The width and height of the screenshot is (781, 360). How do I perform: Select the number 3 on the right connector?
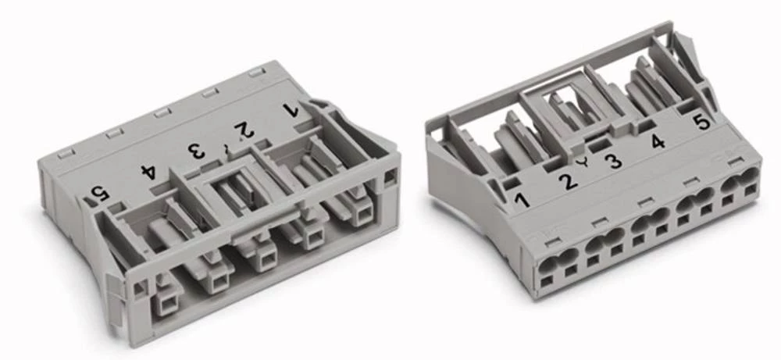pyautogui.click(x=614, y=162)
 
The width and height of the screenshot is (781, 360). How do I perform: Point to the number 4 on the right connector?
pyautogui.click(x=658, y=142)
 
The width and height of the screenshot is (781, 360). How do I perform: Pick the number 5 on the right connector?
pyautogui.click(x=701, y=122)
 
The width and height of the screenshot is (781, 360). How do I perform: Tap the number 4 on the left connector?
pyautogui.click(x=147, y=169)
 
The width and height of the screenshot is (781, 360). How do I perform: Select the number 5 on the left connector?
pyautogui.click(x=99, y=192)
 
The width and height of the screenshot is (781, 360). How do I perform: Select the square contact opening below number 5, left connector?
pyautogui.click(x=167, y=301)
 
